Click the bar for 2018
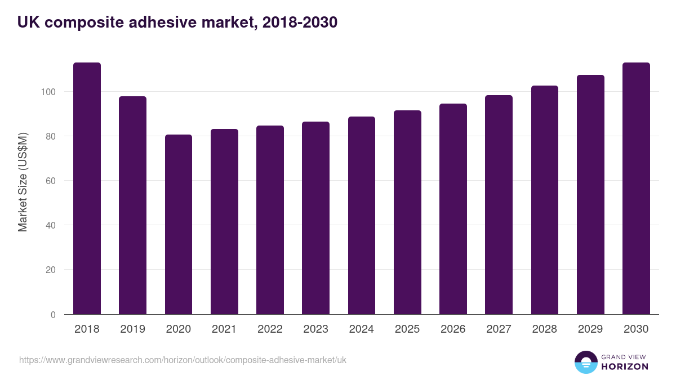point(87,189)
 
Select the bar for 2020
point(179,225)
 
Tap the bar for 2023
point(315,218)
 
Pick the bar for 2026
point(453,209)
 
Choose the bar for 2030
point(636,189)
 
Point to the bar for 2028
point(545,200)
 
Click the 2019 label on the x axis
point(132,329)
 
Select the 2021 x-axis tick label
point(224,329)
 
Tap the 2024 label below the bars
point(361,329)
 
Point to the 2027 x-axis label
point(499,329)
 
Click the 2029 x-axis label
point(590,329)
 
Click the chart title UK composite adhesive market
point(177,23)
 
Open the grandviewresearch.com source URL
point(183,360)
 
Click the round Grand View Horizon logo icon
point(585,362)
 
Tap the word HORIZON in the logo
point(625,366)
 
